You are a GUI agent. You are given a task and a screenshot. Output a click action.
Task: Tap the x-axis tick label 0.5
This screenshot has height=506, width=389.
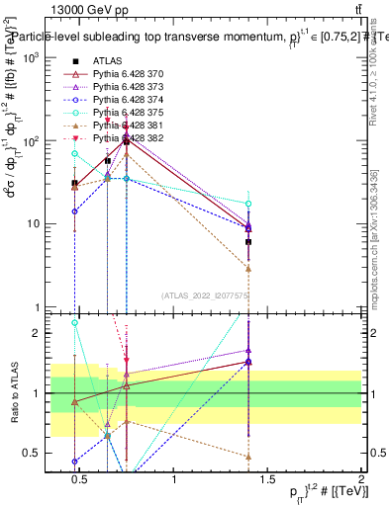(80, 480)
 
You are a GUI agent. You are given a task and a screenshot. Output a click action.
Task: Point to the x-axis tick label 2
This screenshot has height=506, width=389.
(360, 480)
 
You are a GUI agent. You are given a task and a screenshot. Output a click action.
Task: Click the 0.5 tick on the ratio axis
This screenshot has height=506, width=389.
(29, 453)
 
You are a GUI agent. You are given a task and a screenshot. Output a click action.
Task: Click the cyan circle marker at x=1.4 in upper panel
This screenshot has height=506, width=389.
(248, 204)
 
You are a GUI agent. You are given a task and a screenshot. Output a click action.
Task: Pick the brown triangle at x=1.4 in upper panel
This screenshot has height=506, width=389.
(248, 268)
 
